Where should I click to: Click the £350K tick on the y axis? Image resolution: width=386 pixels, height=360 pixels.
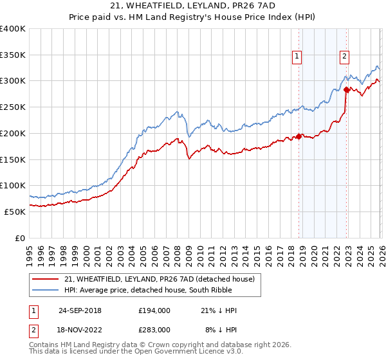pyautogui.click(x=13, y=55)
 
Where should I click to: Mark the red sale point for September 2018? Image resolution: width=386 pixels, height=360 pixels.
pyautogui.click(x=299, y=136)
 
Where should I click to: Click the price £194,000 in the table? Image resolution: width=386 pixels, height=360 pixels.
pyautogui.click(x=154, y=310)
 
